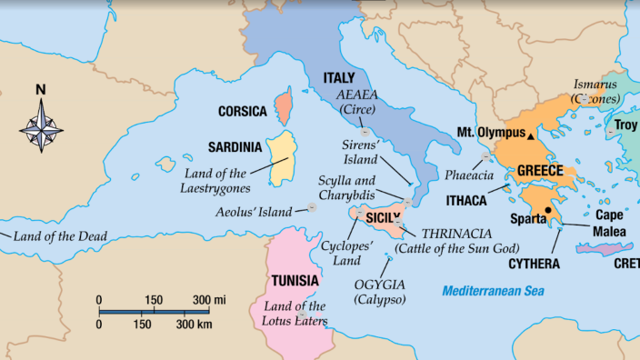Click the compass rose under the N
[41, 125]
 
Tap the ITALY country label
[339, 79]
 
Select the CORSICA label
[242, 112]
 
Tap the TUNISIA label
[295, 280]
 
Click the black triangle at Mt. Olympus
[532, 134]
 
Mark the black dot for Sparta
[548, 211]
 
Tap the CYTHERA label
[534, 264]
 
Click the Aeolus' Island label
[254, 212]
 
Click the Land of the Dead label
[60, 236]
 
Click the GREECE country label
[541, 171]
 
